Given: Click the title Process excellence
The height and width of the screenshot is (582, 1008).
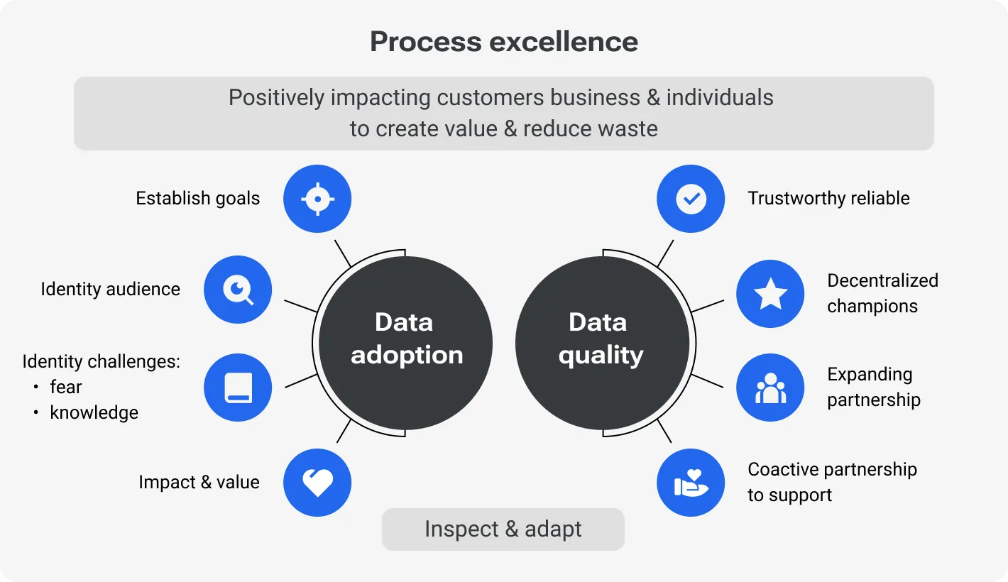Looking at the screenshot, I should pos(504,42).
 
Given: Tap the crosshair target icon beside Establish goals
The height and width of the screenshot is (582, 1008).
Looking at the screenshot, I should pos(317,199).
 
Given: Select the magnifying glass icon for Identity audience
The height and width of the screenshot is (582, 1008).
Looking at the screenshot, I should pos(238,290).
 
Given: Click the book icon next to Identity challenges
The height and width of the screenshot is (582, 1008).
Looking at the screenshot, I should pos(238,388).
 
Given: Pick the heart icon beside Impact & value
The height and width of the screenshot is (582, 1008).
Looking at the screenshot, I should pos(317,483).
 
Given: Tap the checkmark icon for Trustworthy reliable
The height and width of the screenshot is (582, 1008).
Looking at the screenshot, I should pos(691,199).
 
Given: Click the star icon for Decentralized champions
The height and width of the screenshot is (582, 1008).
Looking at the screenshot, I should pos(770,294).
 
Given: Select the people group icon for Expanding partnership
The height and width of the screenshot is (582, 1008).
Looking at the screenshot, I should pos(770,388).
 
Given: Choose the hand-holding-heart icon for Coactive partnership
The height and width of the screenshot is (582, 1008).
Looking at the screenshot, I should pos(691,483).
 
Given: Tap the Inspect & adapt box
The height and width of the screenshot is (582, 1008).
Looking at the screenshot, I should pos(503,529).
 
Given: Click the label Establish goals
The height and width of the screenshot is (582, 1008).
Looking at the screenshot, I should pos(198,199).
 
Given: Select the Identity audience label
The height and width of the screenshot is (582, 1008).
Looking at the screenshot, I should pos(110,290).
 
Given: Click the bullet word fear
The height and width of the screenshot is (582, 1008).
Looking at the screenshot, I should pos(66,388).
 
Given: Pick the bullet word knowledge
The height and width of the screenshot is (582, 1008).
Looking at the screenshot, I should pos(94,413).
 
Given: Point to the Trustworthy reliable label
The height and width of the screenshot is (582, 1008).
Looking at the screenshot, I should pos(828,199).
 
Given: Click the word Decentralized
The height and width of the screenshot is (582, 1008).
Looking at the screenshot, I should pos(882,281).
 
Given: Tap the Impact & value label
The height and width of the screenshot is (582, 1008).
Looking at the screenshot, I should pos(199,483).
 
